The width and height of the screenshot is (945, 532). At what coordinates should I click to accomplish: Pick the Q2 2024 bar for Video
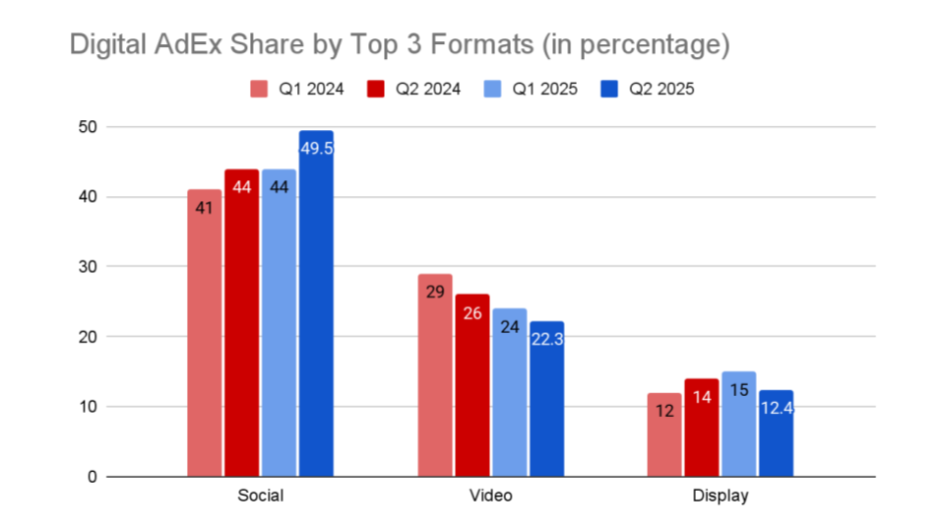[472, 385]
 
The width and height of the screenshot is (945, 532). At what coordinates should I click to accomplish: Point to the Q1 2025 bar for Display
[738, 424]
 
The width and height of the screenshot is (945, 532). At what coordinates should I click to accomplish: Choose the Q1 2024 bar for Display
[664, 434]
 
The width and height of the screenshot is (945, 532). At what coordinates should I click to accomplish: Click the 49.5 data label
[317, 148]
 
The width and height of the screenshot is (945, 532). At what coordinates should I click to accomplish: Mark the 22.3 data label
[546, 338]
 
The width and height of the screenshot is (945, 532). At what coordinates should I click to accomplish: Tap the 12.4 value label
[776, 408]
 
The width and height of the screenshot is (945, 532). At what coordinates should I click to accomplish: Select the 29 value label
[435, 293]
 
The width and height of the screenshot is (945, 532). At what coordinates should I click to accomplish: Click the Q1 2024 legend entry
[299, 89]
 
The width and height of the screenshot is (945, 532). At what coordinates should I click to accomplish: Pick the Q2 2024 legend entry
[416, 89]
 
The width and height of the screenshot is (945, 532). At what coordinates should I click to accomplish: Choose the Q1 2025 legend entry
[535, 89]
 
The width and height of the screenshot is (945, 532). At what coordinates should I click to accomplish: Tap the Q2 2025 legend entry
[651, 89]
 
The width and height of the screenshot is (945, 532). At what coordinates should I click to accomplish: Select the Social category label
[261, 496]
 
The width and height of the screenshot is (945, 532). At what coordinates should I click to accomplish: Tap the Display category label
[721, 496]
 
